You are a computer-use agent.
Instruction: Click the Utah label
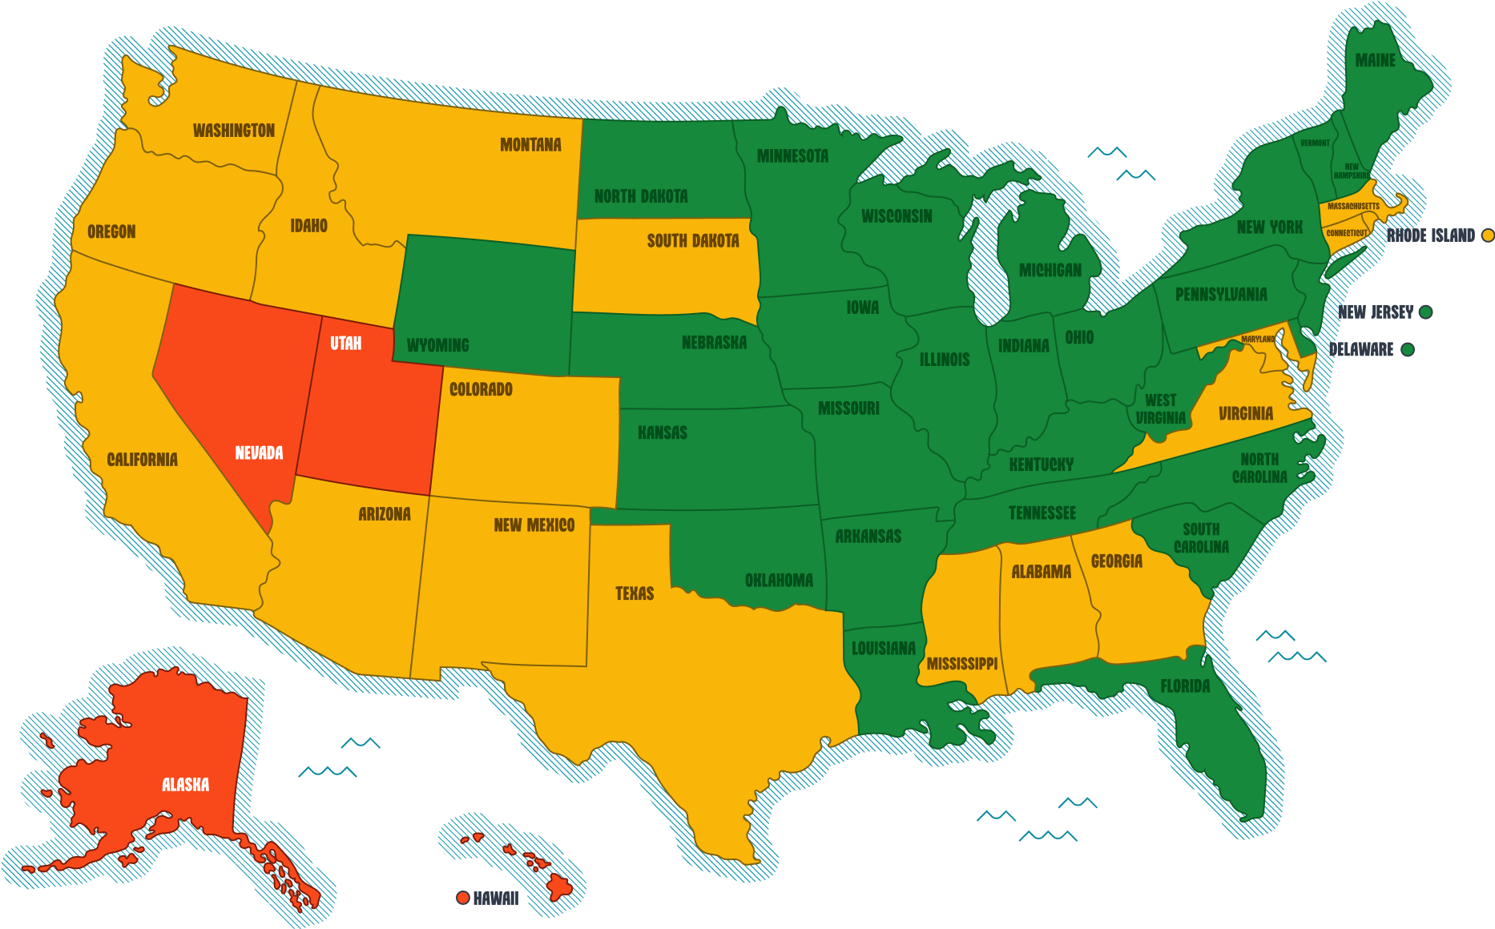tap(345, 344)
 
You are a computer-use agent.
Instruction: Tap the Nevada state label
tap(259, 453)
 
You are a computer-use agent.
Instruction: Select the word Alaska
tap(185, 785)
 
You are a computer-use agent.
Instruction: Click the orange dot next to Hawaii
tap(462, 898)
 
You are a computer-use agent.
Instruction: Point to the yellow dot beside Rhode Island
tap(1488, 235)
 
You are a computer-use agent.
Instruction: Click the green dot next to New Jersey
tap(1425, 312)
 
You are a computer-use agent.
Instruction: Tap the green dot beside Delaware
tap(1407, 349)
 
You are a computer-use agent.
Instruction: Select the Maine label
tap(1375, 61)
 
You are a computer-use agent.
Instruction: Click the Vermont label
tap(1315, 143)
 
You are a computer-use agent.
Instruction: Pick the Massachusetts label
tap(1353, 207)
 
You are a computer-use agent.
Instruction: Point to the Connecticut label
tap(1347, 233)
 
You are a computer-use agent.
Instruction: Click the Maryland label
tap(1258, 340)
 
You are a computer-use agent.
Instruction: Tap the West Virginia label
tap(1160, 409)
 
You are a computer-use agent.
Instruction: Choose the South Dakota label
tap(693, 241)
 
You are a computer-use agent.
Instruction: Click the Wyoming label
tap(437, 346)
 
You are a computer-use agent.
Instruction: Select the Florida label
tap(1185, 686)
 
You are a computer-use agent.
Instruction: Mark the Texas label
tap(635, 593)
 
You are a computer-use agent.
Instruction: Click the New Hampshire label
tap(1352, 171)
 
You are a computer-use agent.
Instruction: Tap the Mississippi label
tap(961, 664)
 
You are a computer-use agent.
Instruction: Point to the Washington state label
tap(234, 131)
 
